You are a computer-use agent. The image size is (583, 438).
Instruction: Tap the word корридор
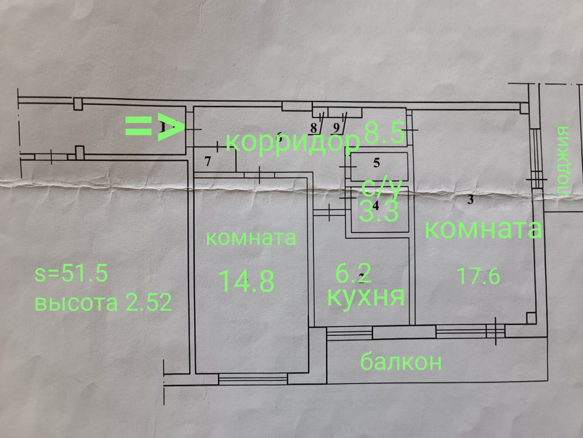coord(293,141)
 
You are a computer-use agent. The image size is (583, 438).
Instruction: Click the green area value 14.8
coord(247,281)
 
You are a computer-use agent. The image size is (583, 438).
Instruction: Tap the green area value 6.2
coord(353,274)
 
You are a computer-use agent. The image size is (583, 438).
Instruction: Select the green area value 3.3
coord(379,212)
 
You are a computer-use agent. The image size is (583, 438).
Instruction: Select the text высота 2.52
coord(103,303)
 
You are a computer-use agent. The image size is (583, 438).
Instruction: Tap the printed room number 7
coord(208,162)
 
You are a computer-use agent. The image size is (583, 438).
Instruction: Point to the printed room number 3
coord(470,200)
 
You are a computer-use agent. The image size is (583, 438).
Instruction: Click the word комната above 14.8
coord(251,238)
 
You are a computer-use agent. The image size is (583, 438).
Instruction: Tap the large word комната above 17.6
coord(483,229)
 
